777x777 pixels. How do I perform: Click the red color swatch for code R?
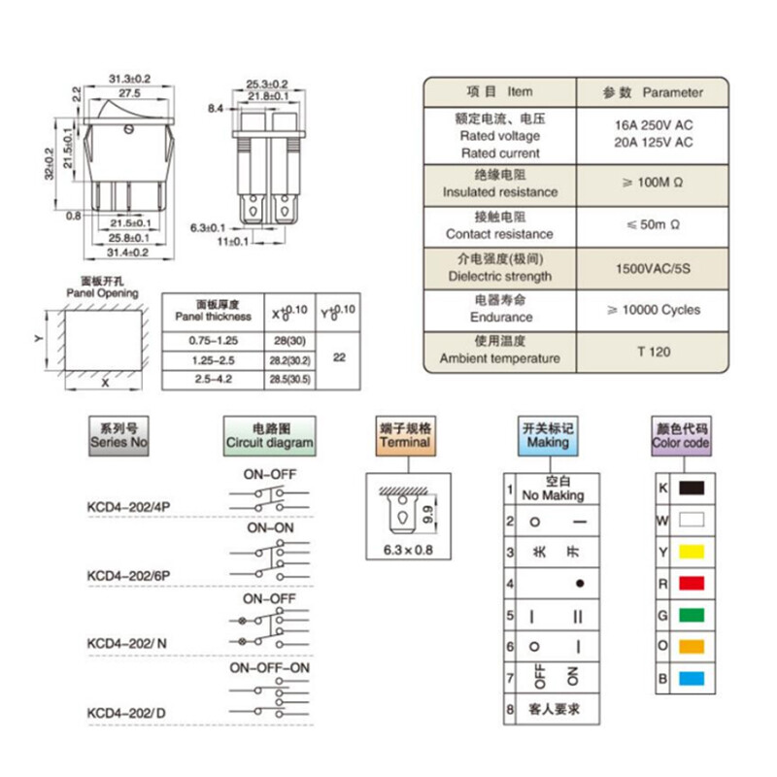691,583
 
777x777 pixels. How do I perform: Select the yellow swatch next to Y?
691,552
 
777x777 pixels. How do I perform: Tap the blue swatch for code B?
691,678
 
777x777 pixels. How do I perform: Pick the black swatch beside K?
691,489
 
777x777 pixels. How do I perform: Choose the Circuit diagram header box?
269,434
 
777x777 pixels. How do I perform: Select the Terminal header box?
405,434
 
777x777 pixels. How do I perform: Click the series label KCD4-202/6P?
129,575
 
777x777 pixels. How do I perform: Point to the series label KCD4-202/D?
127,714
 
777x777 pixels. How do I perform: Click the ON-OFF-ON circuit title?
269,669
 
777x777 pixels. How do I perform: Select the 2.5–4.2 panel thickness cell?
212,379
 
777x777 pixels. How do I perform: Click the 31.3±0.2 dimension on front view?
128,78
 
